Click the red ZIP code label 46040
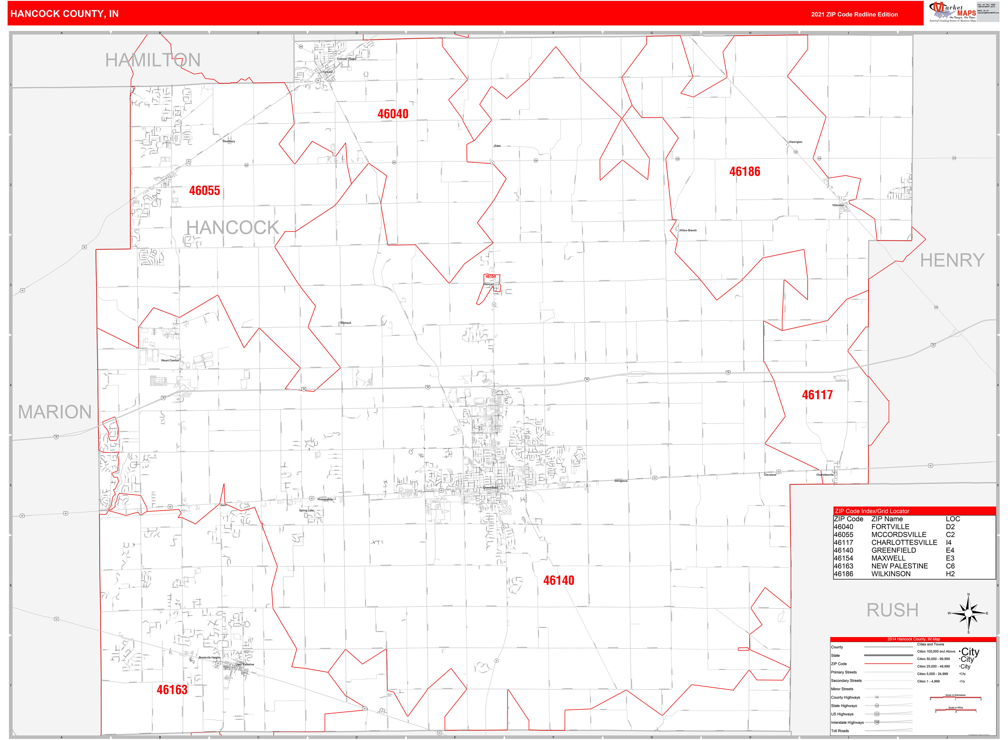click(x=393, y=114)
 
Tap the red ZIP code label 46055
click(x=204, y=191)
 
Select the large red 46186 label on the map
click(x=745, y=172)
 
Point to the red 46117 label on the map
click(x=817, y=395)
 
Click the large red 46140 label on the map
click(x=559, y=581)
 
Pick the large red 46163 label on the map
click(x=172, y=690)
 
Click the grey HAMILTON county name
click(x=153, y=60)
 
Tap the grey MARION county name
click(x=55, y=412)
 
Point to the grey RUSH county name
click(x=892, y=610)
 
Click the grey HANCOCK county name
click(x=233, y=228)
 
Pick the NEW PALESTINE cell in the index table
click(x=899, y=566)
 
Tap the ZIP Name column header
click(x=887, y=519)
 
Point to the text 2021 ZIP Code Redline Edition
click(x=854, y=14)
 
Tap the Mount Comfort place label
click(x=170, y=360)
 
